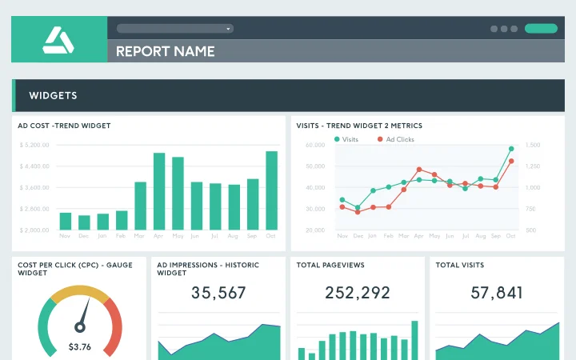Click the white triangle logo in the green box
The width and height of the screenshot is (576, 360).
pos(58,39)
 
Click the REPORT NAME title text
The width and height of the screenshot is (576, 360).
pos(166,51)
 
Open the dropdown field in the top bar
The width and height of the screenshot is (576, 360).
pos(174,28)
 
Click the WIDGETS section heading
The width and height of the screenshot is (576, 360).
pos(53,96)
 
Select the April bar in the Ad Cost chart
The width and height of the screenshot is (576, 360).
pos(158,192)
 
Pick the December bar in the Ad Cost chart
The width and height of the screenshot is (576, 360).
pos(84,222)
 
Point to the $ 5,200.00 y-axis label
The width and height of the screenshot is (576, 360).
pos(34,145)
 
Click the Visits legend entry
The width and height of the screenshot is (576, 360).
pos(346,139)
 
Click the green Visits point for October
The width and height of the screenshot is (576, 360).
pos(510,149)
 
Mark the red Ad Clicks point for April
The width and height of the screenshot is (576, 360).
pos(418,170)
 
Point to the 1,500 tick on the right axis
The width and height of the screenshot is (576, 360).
pos(534,145)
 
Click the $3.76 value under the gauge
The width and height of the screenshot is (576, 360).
pos(79,346)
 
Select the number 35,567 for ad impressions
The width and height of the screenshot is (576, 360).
pos(218,294)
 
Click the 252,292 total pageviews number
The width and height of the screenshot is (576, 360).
pos(358,294)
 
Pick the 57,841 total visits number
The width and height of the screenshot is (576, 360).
pos(497,294)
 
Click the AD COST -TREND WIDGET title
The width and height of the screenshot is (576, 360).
pos(64,126)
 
